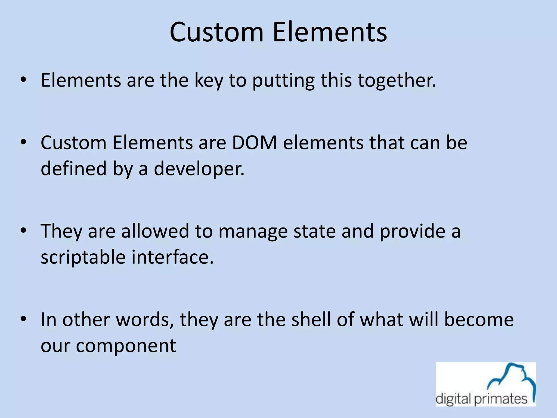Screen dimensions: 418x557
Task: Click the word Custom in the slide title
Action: [216, 32]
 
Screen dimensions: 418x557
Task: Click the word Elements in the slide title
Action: [330, 32]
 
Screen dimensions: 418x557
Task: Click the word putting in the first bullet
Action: [283, 81]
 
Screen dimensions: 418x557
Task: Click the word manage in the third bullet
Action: [253, 232]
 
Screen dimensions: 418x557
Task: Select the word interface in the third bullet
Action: [172, 257]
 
